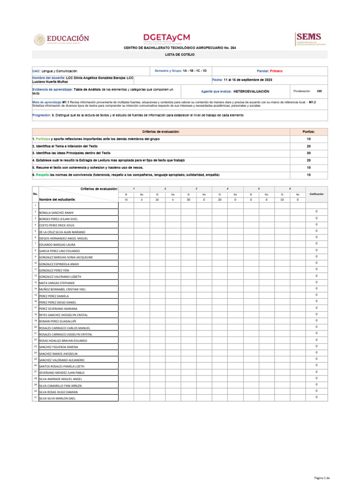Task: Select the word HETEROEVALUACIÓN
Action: click(x=251, y=91)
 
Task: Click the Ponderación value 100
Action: click(x=319, y=91)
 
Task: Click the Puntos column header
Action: click(x=309, y=132)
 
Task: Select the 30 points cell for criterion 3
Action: click(x=309, y=153)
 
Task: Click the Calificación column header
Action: click(x=316, y=194)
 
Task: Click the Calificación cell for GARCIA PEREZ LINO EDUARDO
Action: click(x=316, y=250)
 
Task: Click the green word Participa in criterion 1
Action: click(x=43, y=139)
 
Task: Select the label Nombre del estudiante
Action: click(x=58, y=200)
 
